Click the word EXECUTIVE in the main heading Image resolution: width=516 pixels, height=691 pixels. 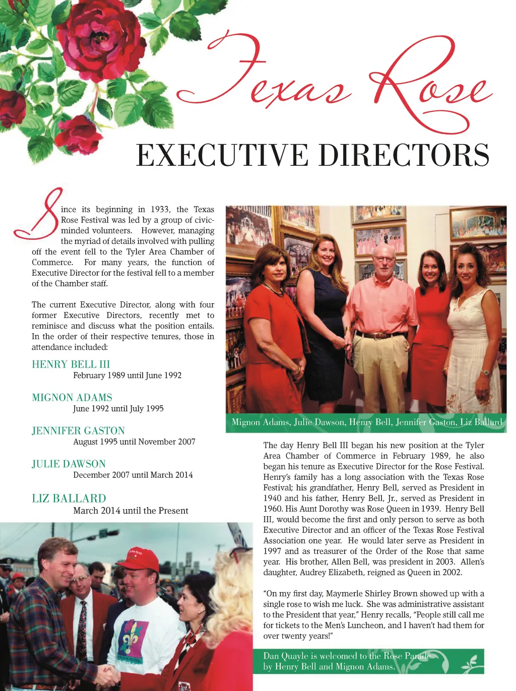pyautogui.click(x=222, y=155)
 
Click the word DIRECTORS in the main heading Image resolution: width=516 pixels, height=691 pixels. pyautogui.click(x=404, y=155)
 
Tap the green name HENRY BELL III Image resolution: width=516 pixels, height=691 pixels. pyautogui.click(x=71, y=364)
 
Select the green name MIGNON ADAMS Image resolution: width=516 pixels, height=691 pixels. pyautogui.click(x=72, y=398)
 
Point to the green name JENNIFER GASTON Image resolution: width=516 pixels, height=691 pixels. pyautogui.click(x=78, y=431)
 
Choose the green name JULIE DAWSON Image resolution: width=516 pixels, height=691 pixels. pyautogui.click(x=69, y=464)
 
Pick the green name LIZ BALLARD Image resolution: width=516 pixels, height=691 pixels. pyautogui.click(x=69, y=498)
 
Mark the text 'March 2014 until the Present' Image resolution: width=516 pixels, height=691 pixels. pyautogui.click(x=131, y=511)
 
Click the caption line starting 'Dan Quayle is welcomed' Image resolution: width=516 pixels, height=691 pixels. pyautogui.click(x=347, y=656)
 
